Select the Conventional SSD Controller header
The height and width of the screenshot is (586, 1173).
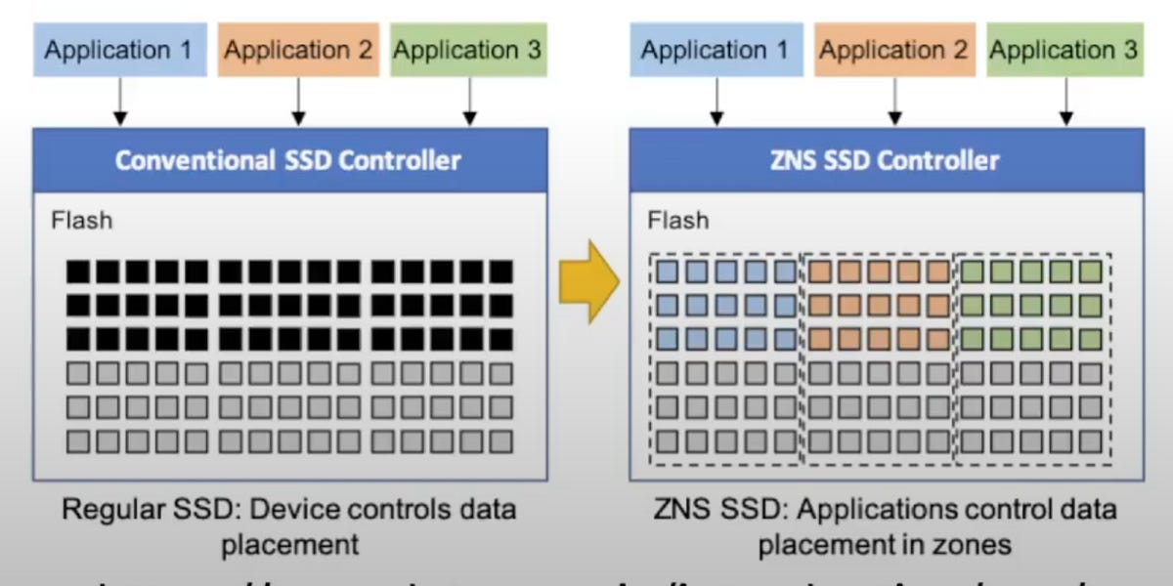(287, 159)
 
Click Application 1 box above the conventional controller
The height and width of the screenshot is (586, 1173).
(119, 50)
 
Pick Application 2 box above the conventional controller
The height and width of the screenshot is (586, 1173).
(298, 50)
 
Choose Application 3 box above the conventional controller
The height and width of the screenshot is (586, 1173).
(467, 50)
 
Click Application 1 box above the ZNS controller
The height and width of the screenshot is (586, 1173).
(715, 50)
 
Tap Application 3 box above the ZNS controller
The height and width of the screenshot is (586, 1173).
(1064, 50)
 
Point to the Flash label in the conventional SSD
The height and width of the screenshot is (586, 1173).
(81, 220)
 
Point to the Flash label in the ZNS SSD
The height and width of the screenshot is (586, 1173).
(677, 220)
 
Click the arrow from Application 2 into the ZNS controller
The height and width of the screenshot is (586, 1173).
(893, 102)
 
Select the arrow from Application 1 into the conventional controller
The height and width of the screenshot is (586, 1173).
(119, 102)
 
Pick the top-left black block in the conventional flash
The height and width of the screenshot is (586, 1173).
(79, 272)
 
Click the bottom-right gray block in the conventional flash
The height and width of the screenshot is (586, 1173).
(500, 440)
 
